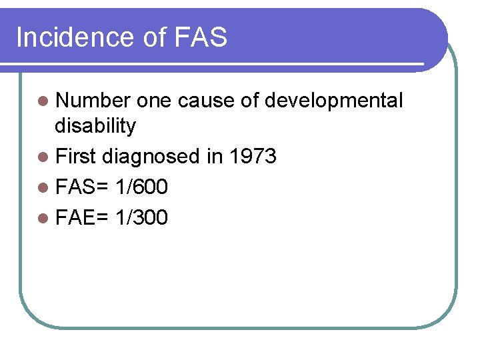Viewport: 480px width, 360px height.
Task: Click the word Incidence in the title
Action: click(75, 37)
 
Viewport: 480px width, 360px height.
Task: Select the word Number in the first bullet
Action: click(93, 101)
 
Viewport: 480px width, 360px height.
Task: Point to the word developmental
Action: click(334, 101)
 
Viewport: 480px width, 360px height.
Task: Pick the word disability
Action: click(96, 125)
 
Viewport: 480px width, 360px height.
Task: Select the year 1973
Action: click(252, 157)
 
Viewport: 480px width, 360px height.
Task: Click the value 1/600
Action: click(141, 187)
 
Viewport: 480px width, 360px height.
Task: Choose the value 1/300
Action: click(141, 217)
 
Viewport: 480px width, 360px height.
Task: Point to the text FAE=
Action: click(82, 217)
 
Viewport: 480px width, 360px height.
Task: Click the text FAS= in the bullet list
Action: click(82, 187)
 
